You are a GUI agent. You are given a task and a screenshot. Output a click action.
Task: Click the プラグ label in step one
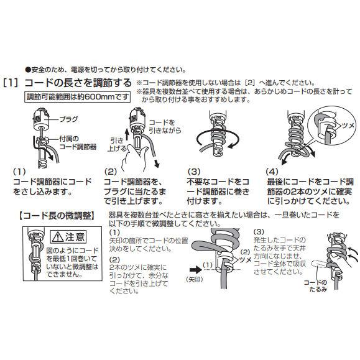click(68, 119)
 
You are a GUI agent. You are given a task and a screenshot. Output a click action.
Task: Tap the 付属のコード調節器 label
click(78, 142)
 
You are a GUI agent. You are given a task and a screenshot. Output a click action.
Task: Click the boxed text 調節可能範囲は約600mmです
click(77, 97)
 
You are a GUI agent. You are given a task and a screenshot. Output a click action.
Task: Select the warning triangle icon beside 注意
click(57, 237)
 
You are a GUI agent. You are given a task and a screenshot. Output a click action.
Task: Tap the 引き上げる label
click(117, 144)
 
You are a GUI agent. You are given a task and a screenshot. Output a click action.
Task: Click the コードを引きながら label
click(165, 126)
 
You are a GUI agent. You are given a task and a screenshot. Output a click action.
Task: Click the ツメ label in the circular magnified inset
click(348, 126)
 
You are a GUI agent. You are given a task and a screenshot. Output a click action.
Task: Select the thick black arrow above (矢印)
click(195, 270)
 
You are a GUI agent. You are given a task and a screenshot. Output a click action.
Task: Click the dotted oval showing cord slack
click(321, 264)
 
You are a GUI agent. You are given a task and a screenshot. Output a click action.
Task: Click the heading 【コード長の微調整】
click(57, 216)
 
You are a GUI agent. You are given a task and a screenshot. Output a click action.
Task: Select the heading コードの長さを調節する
click(78, 83)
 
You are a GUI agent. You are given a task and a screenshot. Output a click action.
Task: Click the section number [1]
click(11, 83)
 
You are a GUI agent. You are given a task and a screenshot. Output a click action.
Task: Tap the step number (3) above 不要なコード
click(194, 172)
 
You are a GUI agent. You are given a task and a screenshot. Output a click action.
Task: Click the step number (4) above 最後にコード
click(272, 172)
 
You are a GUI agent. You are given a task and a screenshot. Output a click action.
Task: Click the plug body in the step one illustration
click(42, 119)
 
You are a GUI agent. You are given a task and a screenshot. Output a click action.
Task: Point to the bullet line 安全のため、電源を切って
click(106, 70)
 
